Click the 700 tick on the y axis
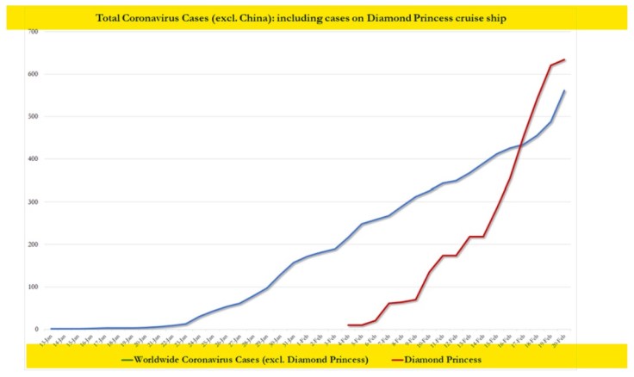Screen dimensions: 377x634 pos(33,32)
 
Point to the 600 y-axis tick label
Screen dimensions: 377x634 pos(33,74)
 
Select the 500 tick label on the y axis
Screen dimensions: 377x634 pos(33,116)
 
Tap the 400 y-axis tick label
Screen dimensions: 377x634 pos(33,159)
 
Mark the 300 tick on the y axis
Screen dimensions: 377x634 pos(33,201)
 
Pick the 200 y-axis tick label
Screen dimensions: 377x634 pos(33,244)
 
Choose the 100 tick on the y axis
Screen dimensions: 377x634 pos(33,287)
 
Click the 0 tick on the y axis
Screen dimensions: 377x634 pos(36,330)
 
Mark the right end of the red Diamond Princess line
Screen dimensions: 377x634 pos(564,59)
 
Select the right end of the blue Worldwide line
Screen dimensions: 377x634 pos(565,90)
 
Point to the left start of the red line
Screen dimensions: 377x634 pos(348,324)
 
